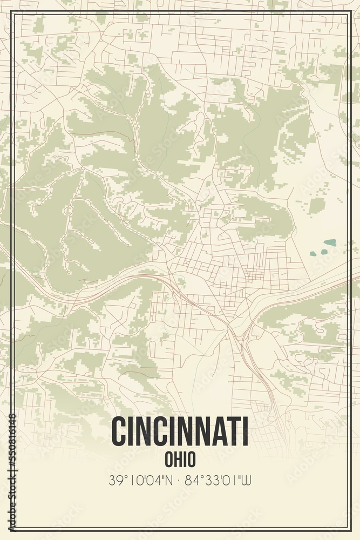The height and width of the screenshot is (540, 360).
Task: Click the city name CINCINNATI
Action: pyautogui.click(x=180, y=432)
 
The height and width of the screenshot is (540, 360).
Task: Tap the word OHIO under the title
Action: pyautogui.click(x=180, y=459)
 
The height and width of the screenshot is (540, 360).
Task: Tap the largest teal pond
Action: pyautogui.click(x=329, y=242)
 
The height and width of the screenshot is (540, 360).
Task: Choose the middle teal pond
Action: pyautogui.click(x=324, y=252)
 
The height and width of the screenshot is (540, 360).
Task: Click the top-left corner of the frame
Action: pyautogui.click(x=12, y=13)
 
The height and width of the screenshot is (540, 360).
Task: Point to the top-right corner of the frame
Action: pyautogui.click(x=348, y=13)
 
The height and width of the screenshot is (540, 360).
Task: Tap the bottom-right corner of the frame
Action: pyautogui.click(x=348, y=528)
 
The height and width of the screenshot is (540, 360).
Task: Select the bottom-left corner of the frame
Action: pyautogui.click(x=12, y=528)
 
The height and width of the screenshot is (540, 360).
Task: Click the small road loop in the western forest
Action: pyautogui.click(x=69, y=210)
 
